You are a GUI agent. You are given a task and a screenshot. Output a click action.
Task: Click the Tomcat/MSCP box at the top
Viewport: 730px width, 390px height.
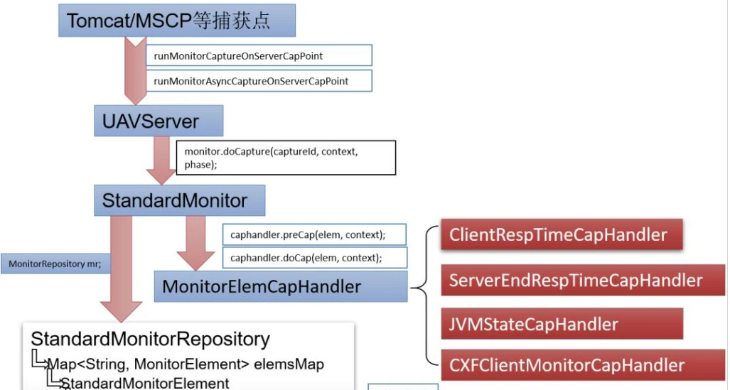pyautogui.click(x=177, y=21)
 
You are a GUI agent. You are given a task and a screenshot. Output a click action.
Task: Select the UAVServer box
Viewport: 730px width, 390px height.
pyautogui.click(x=159, y=121)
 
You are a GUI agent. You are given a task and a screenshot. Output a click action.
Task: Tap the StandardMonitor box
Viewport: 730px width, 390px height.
pyautogui.click(x=180, y=200)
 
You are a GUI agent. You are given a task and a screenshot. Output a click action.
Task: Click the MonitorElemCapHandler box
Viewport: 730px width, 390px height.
pyautogui.click(x=281, y=287)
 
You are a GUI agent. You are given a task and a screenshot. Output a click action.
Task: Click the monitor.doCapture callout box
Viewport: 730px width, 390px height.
pyautogui.click(x=286, y=158)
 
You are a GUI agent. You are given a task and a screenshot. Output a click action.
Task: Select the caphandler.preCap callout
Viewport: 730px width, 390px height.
pyautogui.click(x=314, y=234)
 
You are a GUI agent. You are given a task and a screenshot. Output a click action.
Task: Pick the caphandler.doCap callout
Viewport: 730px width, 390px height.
pyautogui.click(x=315, y=258)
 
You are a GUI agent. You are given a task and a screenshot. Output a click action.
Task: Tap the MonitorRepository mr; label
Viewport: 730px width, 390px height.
pyautogui.click(x=55, y=264)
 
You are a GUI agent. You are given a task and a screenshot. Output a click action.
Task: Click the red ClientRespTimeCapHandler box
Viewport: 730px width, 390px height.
pyautogui.click(x=562, y=234)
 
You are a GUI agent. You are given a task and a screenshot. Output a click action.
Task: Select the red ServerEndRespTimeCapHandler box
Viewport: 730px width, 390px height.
pyautogui.click(x=583, y=280)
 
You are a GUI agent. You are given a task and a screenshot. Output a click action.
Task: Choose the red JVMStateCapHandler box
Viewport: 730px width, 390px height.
pyautogui.click(x=562, y=323)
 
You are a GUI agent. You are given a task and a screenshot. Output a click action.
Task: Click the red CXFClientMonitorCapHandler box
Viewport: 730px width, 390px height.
pyautogui.click(x=583, y=365)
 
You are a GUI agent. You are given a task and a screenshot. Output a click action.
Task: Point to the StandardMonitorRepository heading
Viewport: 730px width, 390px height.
pyautogui.click(x=151, y=339)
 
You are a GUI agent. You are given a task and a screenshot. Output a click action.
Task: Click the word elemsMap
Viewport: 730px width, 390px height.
pyautogui.click(x=289, y=364)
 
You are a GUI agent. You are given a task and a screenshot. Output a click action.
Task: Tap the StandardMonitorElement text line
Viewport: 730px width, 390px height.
pyautogui.click(x=145, y=384)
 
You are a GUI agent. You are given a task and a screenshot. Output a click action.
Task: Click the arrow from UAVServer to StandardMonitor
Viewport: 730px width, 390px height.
pyautogui.click(x=161, y=161)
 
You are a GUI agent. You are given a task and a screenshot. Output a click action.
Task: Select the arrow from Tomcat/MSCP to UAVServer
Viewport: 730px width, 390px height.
pyautogui.click(x=136, y=71)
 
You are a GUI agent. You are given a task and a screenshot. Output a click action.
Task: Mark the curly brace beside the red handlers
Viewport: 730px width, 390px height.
pyautogui.click(x=426, y=296)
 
